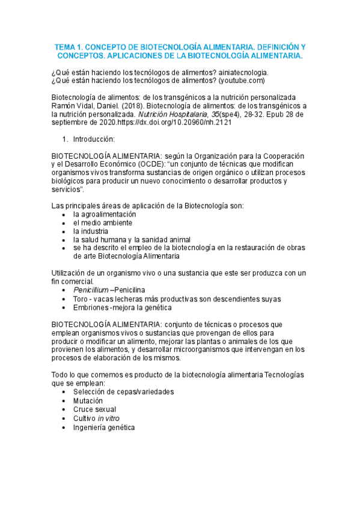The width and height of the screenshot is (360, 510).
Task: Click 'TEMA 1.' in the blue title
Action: click(x=70, y=46)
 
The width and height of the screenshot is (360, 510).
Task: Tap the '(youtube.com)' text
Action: click(x=242, y=81)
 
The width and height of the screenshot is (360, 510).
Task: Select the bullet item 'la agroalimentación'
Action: click(x=105, y=214)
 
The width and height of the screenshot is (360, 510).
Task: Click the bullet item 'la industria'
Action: click(x=91, y=231)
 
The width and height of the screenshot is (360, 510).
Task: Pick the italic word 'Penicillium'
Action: click(x=91, y=290)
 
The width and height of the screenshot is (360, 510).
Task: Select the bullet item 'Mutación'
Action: click(x=88, y=401)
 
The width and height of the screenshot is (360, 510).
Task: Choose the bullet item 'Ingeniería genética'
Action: click(x=104, y=426)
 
